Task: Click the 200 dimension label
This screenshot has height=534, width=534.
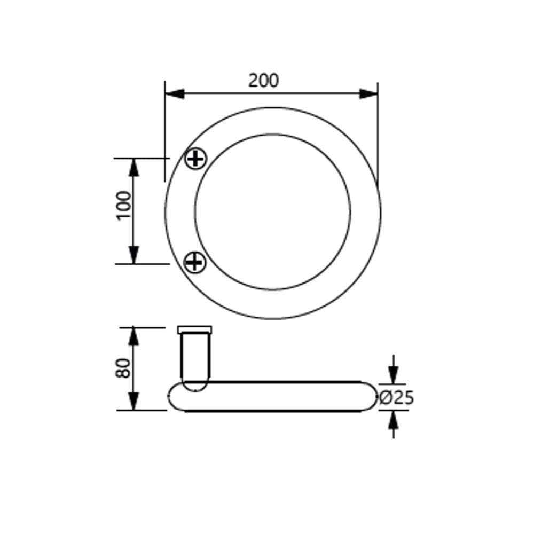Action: pyautogui.click(x=263, y=81)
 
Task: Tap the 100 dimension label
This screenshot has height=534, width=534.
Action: pyautogui.click(x=124, y=206)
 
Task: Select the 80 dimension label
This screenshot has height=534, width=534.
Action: pyautogui.click(x=123, y=368)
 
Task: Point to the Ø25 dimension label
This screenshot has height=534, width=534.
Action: pyautogui.click(x=396, y=397)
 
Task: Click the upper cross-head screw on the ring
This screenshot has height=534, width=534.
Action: pyautogui.click(x=195, y=159)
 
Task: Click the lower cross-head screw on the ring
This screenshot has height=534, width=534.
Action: pyautogui.click(x=195, y=262)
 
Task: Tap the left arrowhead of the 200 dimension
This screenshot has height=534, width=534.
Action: pyautogui.click(x=175, y=93)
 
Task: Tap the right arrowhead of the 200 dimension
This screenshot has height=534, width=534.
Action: pyautogui.click(x=368, y=93)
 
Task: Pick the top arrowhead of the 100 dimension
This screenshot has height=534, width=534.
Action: pyautogui.click(x=134, y=167)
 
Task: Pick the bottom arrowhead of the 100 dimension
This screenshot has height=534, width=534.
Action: pyautogui.click(x=134, y=255)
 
